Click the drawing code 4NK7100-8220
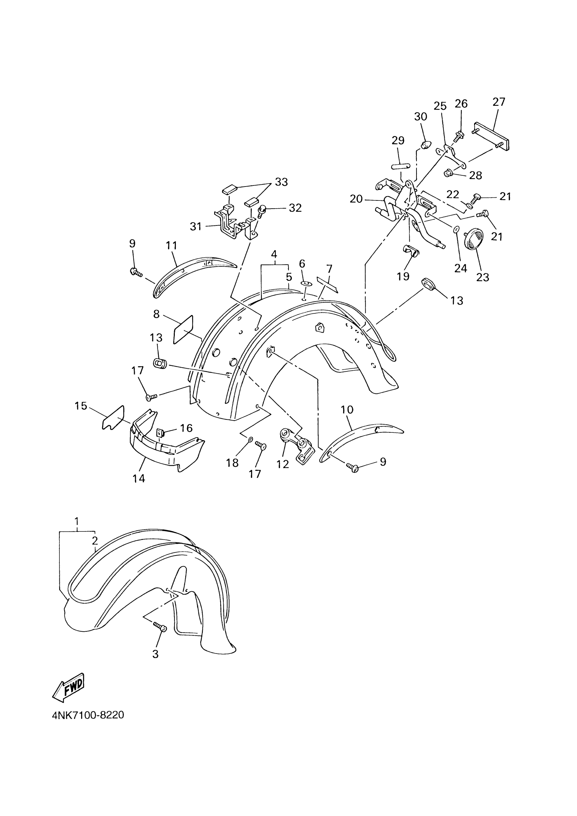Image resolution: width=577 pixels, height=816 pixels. click(x=88, y=715)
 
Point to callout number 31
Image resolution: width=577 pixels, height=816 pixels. click(x=196, y=227)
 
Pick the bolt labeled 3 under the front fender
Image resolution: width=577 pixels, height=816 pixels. click(x=160, y=627)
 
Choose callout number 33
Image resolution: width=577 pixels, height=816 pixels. click(x=281, y=182)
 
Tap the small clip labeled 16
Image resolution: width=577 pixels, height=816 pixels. click(x=160, y=433)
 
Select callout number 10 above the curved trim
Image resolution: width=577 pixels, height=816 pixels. click(x=347, y=410)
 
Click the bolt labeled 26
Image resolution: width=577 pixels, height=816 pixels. click(x=459, y=135)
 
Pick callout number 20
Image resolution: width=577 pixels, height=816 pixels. click(x=356, y=199)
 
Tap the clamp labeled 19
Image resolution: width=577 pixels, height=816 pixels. click(x=411, y=251)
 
